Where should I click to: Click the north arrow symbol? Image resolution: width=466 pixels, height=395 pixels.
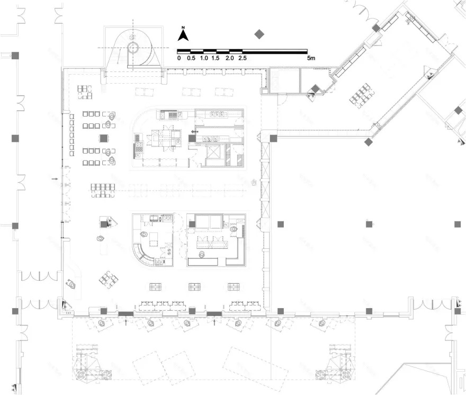point(183,35)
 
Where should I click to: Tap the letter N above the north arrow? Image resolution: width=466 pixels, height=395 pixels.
point(183,28)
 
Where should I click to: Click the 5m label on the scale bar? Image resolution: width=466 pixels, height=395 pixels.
point(311,58)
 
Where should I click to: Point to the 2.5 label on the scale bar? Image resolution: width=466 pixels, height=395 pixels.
point(243,58)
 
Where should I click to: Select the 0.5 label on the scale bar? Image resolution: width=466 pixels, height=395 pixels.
point(191,58)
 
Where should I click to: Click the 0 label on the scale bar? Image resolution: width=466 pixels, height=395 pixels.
point(179,58)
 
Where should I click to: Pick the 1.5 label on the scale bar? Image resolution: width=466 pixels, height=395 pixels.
point(216,58)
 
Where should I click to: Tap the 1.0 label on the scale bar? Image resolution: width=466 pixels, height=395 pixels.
point(204,58)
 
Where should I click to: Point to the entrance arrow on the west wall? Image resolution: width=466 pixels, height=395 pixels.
point(55,179)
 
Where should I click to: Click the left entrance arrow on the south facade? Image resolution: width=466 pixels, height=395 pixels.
point(126,322)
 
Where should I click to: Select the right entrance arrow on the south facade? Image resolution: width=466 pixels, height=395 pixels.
point(214,322)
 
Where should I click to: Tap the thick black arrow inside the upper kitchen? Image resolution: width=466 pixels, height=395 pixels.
point(195,131)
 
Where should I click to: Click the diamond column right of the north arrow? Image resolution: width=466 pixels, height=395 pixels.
point(259,34)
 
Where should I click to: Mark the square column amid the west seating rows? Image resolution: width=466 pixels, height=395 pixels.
point(103,138)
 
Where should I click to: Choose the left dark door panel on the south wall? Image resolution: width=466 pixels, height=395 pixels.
point(126,313)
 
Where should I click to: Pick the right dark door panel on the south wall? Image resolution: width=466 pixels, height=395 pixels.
point(214,313)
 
